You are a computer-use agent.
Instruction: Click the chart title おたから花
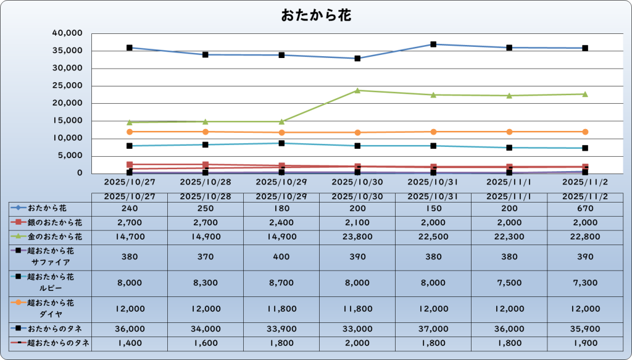(x=316, y=15)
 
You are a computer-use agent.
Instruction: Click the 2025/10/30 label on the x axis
(x=357, y=182)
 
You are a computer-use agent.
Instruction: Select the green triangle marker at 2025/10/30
(x=357, y=91)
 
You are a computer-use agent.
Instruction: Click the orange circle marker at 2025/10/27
(x=130, y=132)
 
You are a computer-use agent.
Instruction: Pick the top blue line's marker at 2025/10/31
(x=433, y=44)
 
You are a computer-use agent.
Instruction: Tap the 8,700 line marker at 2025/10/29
(x=281, y=143)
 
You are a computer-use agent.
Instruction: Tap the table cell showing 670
(x=585, y=208)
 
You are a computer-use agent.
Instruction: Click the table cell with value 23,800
(x=357, y=237)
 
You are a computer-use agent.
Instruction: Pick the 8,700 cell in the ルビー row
(x=281, y=282)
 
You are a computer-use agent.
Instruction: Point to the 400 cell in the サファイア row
(x=281, y=256)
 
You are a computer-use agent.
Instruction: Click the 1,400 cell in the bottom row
(x=130, y=343)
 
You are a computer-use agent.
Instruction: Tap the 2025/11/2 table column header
(x=585, y=196)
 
